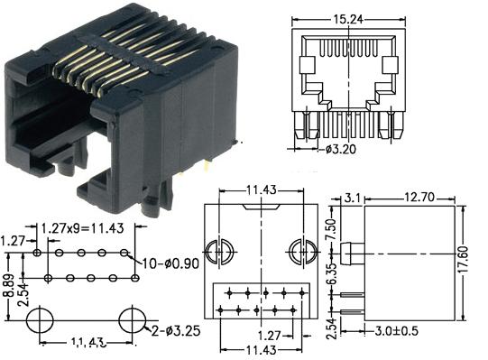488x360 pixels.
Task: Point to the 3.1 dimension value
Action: coord(352,195)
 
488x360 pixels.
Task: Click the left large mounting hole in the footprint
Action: coord(41,318)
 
